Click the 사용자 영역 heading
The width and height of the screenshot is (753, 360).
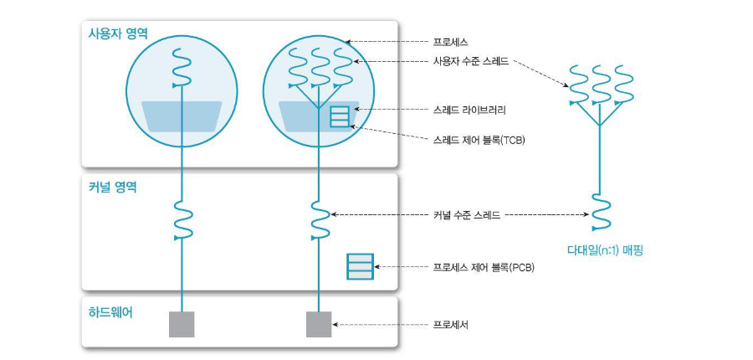tap(116, 33)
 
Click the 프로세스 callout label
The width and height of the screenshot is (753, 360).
tap(450, 41)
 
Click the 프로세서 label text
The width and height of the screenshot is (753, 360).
tap(450, 324)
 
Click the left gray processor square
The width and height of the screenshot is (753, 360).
tap(182, 324)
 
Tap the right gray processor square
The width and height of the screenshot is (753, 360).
tap(319, 324)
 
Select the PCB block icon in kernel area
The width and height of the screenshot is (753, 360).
tap(360, 268)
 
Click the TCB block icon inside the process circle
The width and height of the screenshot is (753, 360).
tap(340, 116)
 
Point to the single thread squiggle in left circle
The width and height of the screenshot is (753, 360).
tap(182, 69)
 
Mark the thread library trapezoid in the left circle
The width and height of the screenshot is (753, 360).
tap(182, 116)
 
